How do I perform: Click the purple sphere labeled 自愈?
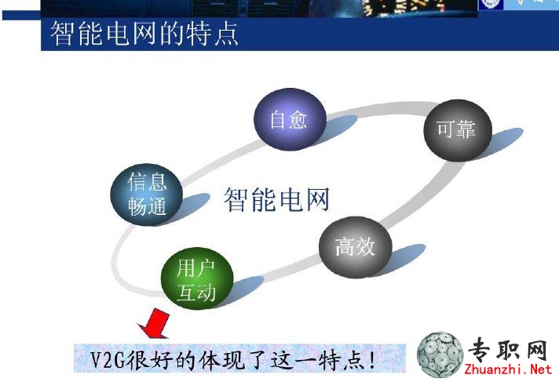click(290, 119)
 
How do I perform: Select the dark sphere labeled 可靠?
click(458, 130)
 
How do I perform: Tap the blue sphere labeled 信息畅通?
click(147, 195)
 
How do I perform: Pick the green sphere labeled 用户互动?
click(197, 278)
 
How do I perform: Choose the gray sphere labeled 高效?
click(356, 247)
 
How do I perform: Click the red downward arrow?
click(155, 323)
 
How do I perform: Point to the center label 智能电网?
click(276, 199)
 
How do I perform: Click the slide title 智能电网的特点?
click(144, 34)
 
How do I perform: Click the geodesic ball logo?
click(440, 355)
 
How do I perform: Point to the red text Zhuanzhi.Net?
click(509, 369)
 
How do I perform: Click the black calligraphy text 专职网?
click(508, 350)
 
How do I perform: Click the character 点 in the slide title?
click(226, 34)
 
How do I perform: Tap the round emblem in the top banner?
click(491, 4)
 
